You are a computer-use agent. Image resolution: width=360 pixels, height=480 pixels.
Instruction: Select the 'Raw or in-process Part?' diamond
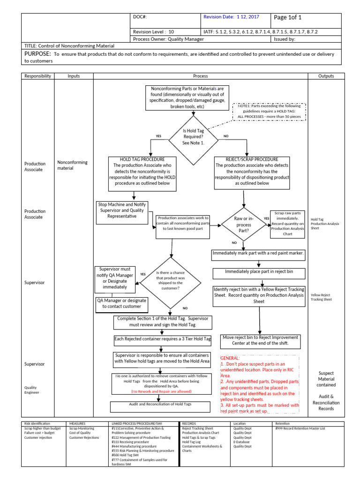point(244,225)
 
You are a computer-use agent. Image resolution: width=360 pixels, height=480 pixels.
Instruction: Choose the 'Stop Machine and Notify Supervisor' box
point(122,210)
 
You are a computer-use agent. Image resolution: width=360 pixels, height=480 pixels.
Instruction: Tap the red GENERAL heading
point(230,358)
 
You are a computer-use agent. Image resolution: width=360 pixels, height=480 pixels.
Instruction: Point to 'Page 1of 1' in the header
point(288,18)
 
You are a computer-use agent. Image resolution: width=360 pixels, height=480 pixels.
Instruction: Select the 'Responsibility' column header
point(37,76)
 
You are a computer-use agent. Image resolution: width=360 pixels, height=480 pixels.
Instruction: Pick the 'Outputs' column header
point(326,76)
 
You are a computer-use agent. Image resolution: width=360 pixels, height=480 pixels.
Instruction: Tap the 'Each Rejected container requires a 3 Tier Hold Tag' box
point(162,339)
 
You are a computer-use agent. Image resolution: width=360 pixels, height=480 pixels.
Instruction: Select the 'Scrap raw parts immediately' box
point(287,224)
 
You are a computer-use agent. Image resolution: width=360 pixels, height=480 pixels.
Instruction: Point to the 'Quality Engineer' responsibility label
point(32,390)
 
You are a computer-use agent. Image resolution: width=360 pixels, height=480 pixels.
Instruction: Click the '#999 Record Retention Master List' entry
point(300,428)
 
